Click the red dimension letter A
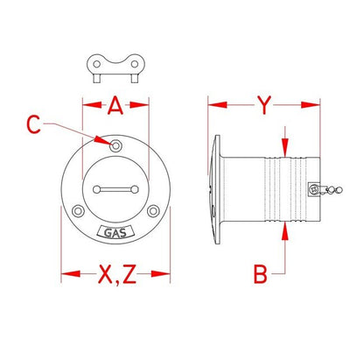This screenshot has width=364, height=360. point(115,105)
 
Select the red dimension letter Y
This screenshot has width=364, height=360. point(264,105)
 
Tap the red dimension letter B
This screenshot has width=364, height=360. point(260,274)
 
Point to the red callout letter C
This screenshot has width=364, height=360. point(33,124)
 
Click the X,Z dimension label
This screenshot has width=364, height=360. point(117,274)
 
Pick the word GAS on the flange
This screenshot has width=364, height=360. point(115,233)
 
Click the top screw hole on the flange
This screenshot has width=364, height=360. point(115,145)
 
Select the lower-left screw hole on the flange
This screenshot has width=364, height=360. point(78,211)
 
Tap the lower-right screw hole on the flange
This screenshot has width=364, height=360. point(153,211)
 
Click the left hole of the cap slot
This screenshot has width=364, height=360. point(97,189)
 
